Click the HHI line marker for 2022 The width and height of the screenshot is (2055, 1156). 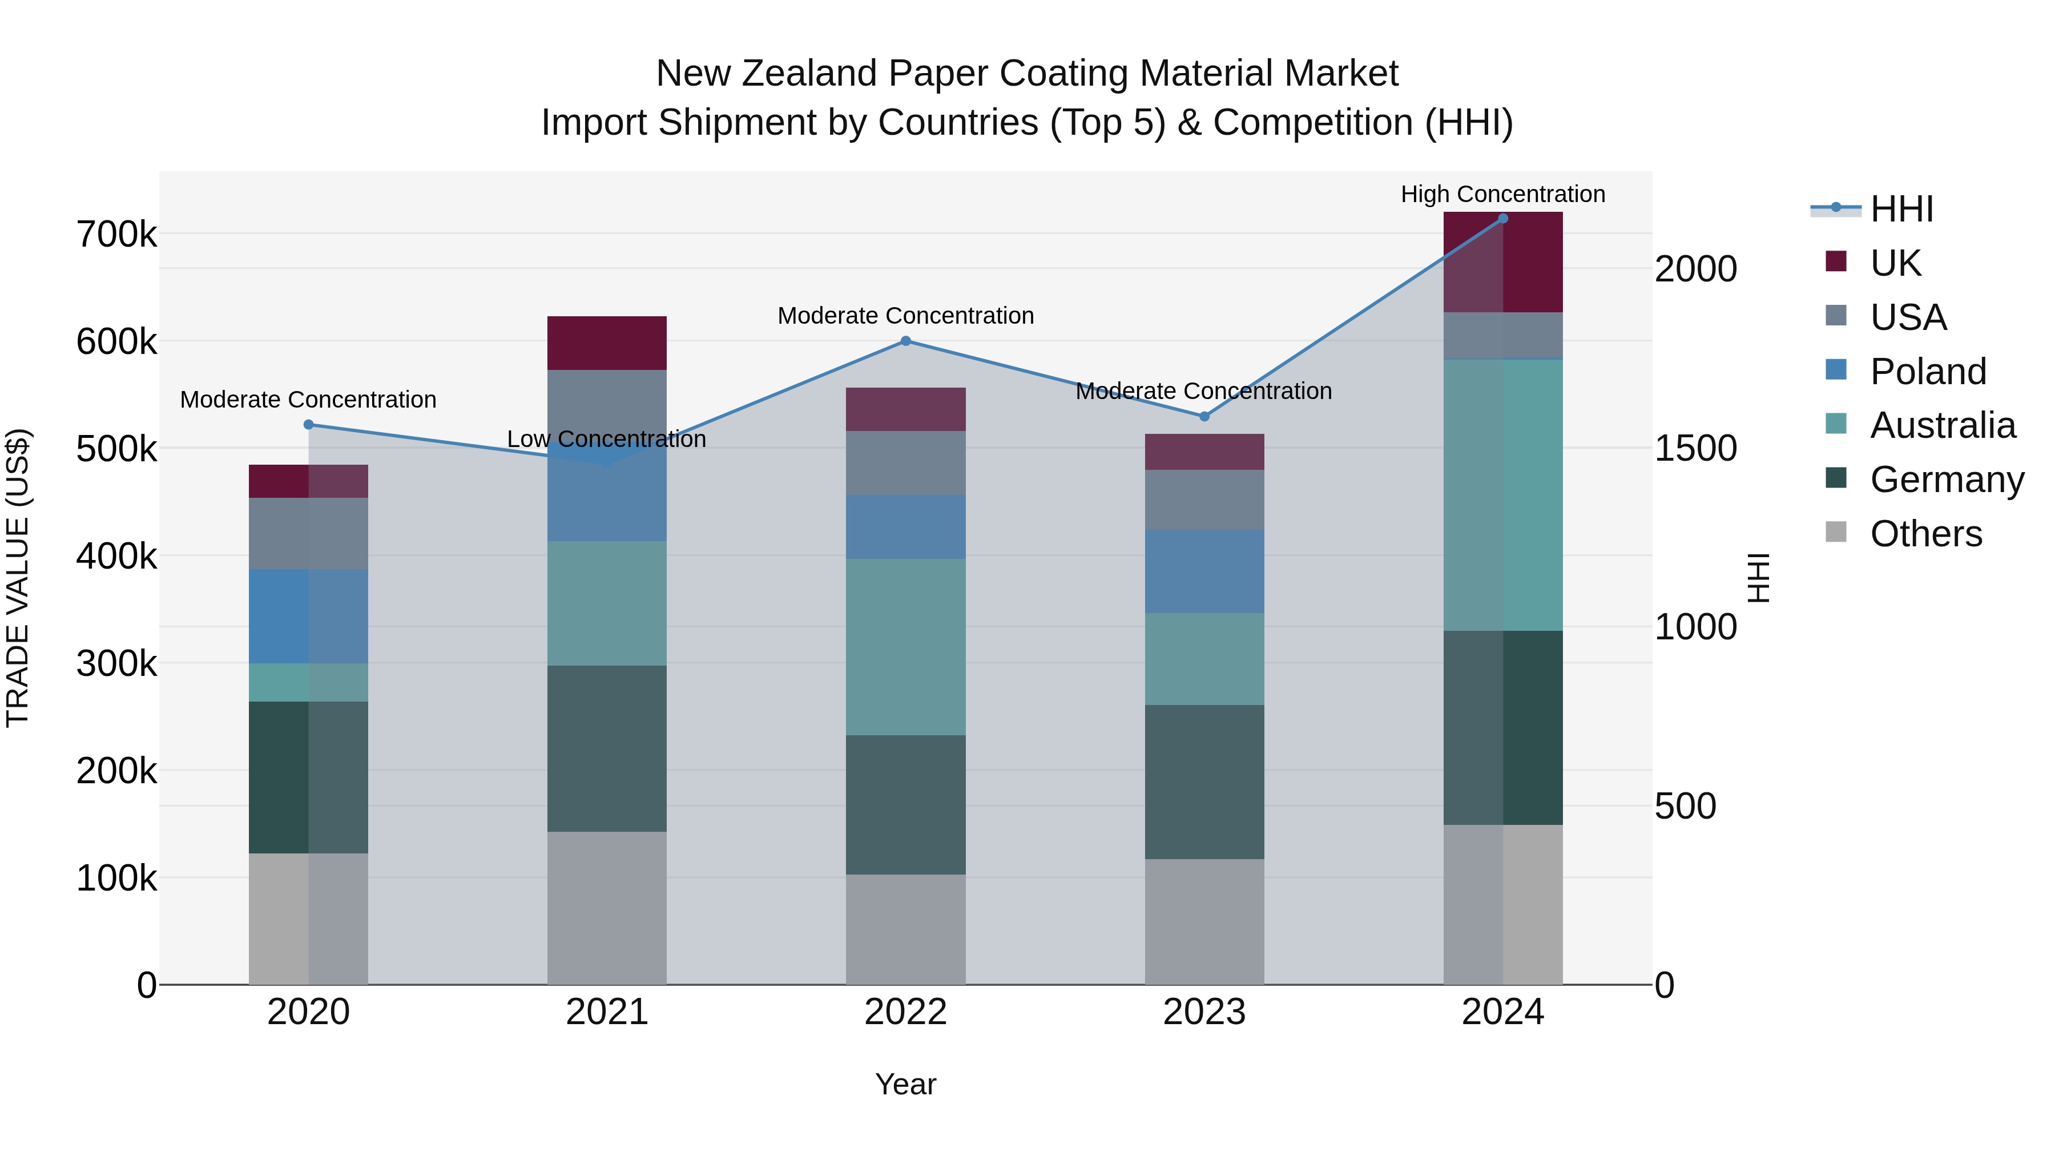coord(905,341)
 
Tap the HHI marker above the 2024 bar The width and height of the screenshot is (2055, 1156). coord(1502,218)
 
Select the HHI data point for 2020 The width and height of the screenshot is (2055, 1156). coord(309,424)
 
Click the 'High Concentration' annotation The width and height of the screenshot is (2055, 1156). coord(1502,194)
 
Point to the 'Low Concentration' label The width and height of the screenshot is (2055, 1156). coord(606,439)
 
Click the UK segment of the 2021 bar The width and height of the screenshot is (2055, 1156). coord(606,343)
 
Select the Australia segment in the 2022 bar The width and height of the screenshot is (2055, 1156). coord(905,646)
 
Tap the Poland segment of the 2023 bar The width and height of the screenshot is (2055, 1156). coord(1204,571)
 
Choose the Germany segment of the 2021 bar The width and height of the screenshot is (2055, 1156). coord(606,748)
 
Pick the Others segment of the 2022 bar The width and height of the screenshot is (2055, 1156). coord(905,929)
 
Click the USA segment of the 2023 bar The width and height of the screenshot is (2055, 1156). coord(1204,500)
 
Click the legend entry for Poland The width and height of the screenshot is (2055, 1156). coord(1927,372)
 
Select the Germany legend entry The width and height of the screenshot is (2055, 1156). coord(1946,480)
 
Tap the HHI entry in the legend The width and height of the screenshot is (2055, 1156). coord(1901,209)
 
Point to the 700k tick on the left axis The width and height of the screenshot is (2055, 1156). coord(116,235)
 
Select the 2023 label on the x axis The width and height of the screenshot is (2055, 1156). coord(1204,1012)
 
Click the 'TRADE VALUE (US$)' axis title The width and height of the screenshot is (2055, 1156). coord(18,578)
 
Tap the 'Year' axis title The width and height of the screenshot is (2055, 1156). coord(905,1084)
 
